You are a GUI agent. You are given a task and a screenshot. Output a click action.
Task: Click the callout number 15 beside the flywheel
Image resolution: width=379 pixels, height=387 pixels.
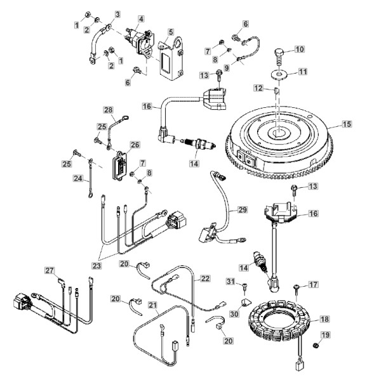tap(347, 124)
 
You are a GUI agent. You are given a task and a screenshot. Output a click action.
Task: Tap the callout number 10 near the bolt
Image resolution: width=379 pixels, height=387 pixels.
tap(300, 49)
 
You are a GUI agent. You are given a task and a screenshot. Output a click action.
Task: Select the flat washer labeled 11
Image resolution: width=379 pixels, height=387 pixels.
tap(279, 74)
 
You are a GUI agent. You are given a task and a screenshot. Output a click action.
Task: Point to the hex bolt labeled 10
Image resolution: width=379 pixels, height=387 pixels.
tap(279, 56)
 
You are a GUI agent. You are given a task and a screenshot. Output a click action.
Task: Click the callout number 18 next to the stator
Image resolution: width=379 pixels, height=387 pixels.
tap(324, 319)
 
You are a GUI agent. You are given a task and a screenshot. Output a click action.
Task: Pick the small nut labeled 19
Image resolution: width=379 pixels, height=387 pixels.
tap(316, 345)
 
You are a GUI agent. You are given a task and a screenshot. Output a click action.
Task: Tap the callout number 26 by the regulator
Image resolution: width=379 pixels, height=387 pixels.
tap(135, 145)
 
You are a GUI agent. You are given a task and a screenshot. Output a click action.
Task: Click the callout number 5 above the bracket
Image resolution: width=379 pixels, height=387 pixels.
tap(171, 32)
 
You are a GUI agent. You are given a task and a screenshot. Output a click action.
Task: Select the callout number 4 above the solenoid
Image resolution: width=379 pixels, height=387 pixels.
tap(141, 19)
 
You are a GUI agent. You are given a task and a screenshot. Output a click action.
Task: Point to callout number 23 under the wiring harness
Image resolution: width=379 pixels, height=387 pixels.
tap(96, 266)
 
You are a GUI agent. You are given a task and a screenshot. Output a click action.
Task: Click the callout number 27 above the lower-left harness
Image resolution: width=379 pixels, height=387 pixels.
tap(50, 270)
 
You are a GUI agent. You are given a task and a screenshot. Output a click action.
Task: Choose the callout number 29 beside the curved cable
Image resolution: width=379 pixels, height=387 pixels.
tap(243, 210)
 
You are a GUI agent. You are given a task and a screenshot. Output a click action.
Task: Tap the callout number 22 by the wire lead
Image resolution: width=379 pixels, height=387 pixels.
tap(205, 279)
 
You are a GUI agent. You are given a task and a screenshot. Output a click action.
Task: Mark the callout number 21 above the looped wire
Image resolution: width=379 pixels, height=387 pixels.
tap(153, 305)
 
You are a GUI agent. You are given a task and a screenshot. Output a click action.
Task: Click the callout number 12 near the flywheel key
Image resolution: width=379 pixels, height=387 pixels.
tap(259, 88)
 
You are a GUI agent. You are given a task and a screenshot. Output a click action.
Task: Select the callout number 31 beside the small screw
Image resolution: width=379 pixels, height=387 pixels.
tap(230, 281)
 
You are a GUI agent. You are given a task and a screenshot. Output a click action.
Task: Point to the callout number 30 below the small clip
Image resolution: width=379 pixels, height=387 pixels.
tap(234, 313)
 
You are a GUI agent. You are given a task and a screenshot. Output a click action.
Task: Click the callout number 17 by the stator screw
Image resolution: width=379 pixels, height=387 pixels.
tap(314, 285)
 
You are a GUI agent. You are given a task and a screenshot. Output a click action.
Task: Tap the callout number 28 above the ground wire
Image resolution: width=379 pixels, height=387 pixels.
tap(109, 110)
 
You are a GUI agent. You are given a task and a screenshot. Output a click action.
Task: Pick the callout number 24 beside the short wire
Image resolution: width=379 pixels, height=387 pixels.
tap(78, 178)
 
